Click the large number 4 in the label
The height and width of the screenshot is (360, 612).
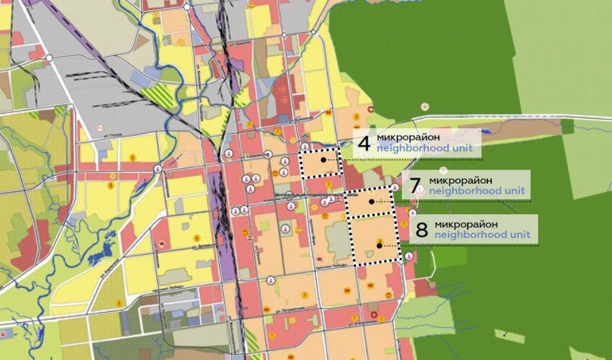[364, 143]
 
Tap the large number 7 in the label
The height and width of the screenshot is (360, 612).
[414, 186]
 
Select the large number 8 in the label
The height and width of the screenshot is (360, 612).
[421, 229]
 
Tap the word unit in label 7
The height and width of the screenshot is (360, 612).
[513, 192]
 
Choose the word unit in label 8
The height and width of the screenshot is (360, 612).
[520, 235]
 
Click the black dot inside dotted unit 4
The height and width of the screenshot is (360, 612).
[324, 160]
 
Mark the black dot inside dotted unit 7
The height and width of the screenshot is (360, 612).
[372, 202]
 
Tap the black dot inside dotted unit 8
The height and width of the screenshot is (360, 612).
[379, 246]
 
